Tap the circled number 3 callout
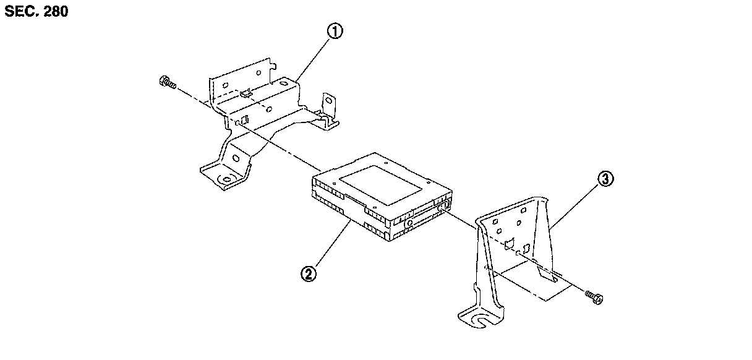click(605, 180)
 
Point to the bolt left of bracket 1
click(167, 82)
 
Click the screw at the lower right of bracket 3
click(594, 298)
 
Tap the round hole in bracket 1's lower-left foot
click(226, 180)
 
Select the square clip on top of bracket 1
click(247, 93)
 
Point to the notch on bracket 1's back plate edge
click(270, 62)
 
